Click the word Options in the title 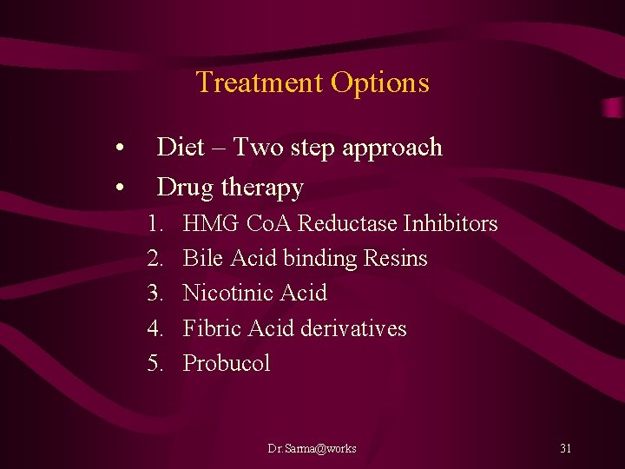pos(379,83)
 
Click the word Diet pos(181,148)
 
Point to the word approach pos(392,149)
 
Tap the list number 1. pos(155,224)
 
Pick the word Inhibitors pos(451,224)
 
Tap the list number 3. pos(155,294)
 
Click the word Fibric pos(213,328)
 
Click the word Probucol pos(227,363)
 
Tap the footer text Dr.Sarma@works pos(312,448)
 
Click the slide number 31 pos(565,448)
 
